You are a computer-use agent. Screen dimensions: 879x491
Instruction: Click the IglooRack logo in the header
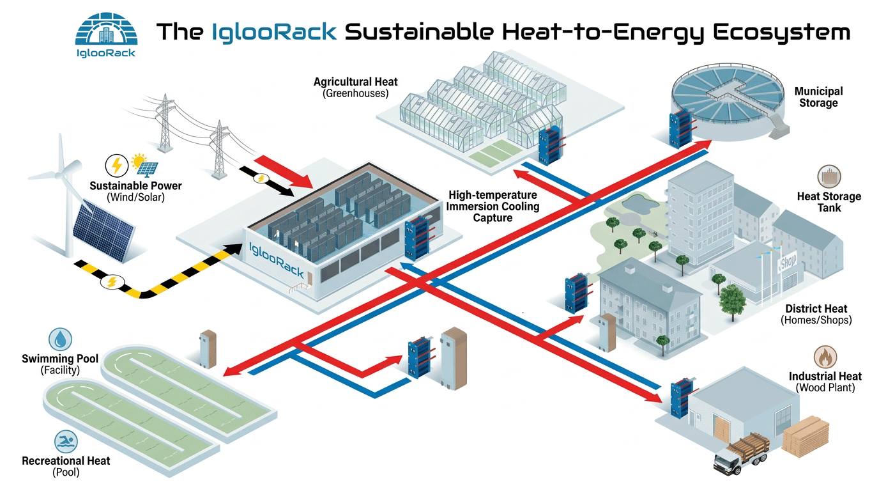coord(106,35)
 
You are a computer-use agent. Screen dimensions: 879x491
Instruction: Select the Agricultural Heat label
coord(356,87)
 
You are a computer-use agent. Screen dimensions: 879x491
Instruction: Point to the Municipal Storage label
coord(818,97)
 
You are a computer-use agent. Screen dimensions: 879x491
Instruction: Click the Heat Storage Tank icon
coord(829,176)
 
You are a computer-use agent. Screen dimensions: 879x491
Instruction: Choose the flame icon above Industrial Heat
coord(825,357)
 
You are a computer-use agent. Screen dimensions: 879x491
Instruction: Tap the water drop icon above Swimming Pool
coord(60,339)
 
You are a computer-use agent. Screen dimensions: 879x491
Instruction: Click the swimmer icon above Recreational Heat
coord(66,442)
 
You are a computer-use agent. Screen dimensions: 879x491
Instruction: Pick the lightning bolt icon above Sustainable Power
coord(116,166)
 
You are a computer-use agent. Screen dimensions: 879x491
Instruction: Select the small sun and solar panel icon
coord(145,165)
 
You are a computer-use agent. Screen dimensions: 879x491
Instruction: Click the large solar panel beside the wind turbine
coord(103,231)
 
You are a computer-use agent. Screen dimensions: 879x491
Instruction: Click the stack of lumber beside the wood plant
coord(806,436)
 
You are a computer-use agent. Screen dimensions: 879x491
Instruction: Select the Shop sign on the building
coord(788,262)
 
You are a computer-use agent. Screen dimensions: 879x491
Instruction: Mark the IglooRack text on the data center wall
coord(276,260)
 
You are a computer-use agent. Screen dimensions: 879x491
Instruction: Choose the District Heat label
coord(816,315)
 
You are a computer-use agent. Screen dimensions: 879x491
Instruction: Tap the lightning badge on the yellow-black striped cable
coord(112,282)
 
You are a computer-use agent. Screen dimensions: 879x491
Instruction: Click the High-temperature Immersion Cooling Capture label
coord(493,207)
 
